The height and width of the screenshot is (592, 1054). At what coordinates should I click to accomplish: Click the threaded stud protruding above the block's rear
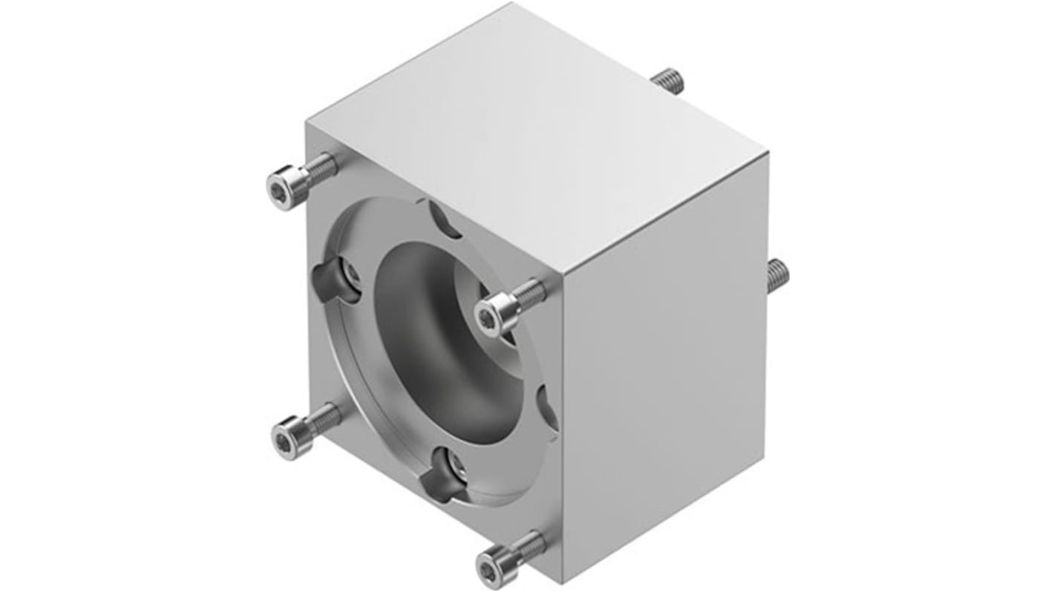(669, 79)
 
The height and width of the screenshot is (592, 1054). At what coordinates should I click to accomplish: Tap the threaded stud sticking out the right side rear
(776, 275)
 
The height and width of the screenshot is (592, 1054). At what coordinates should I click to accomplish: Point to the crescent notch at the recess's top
(444, 219)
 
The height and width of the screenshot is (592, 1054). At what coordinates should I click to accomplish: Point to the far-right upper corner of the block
(767, 154)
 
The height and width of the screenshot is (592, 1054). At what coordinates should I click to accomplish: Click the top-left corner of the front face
(306, 125)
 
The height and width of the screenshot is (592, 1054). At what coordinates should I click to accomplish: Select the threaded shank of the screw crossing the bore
(528, 295)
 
